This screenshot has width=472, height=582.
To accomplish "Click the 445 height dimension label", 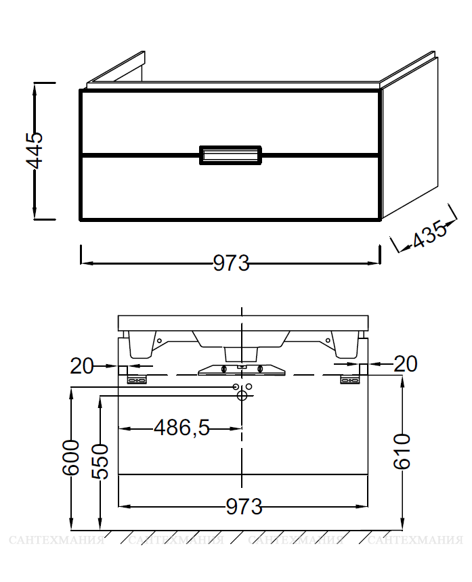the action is pos(34,150).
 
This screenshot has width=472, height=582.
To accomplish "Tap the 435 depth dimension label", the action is pos(429,234).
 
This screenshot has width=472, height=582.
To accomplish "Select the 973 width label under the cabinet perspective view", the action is pos(231,263).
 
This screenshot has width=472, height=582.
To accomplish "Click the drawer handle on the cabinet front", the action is pos(231,155).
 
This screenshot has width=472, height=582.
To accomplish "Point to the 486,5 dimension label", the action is pos(182,428).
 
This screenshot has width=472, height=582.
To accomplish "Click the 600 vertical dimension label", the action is pos(70,457).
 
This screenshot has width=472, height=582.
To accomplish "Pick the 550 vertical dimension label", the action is pos(100,462).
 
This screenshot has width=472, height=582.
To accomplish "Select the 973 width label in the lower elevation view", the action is pos(244,506).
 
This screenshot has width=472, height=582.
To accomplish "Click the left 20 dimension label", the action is pos(82,366).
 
